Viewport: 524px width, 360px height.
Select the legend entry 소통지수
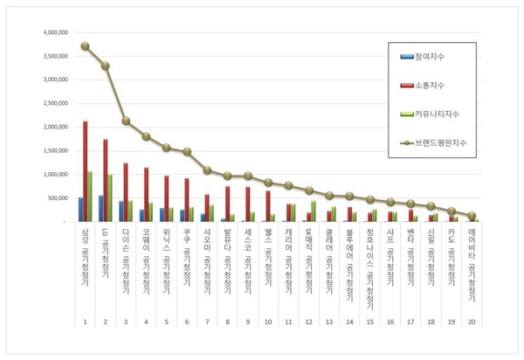[434, 85]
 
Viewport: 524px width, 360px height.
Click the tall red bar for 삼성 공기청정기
[85, 171]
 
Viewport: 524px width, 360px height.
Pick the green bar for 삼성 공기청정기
[90, 197]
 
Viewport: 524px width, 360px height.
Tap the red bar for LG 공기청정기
[105, 180]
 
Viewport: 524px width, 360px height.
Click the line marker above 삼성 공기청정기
[85, 45]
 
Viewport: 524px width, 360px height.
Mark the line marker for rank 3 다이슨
[126, 121]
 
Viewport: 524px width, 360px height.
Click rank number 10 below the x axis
[267, 322]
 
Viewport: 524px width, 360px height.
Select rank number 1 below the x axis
[84, 322]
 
